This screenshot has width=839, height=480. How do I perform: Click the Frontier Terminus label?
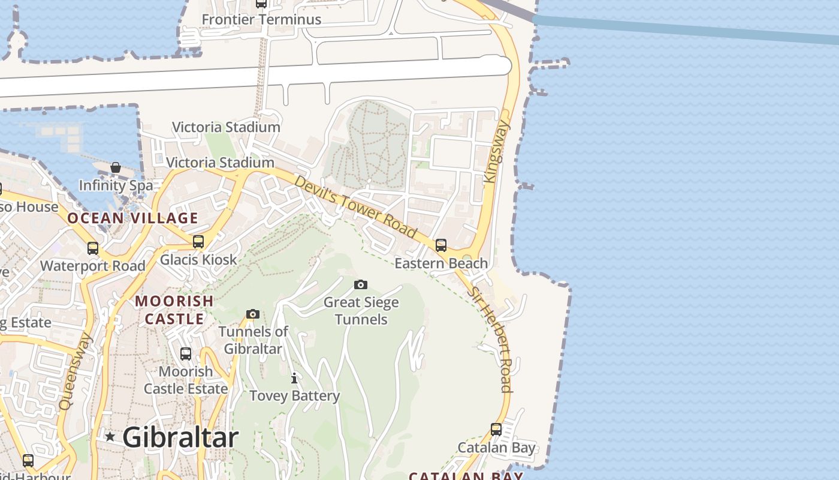click(261, 19)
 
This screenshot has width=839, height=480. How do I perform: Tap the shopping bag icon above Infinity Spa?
click(116, 167)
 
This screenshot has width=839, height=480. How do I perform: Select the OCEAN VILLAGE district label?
click(132, 218)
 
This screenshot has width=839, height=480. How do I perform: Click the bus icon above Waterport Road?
click(93, 248)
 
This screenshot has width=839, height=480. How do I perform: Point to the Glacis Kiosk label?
click(198, 260)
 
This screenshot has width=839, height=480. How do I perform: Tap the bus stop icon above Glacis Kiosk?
click(198, 242)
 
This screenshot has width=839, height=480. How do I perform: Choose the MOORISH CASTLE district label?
click(174, 310)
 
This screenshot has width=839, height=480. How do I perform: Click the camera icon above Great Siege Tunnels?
click(360, 284)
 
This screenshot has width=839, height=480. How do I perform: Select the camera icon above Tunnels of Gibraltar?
click(253, 314)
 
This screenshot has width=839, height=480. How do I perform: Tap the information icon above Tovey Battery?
click(294, 378)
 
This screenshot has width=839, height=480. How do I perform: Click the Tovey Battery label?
click(294, 396)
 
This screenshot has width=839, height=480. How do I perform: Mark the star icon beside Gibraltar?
click(110, 437)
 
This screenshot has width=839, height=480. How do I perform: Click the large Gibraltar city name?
click(180, 437)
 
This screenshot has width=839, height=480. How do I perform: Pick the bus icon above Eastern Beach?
click(441, 245)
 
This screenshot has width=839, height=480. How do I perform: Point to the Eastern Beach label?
click(441, 263)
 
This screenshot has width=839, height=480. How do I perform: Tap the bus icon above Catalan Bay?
click(496, 430)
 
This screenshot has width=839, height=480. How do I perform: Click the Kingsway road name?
click(497, 151)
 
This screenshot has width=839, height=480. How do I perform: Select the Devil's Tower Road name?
click(356, 206)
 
